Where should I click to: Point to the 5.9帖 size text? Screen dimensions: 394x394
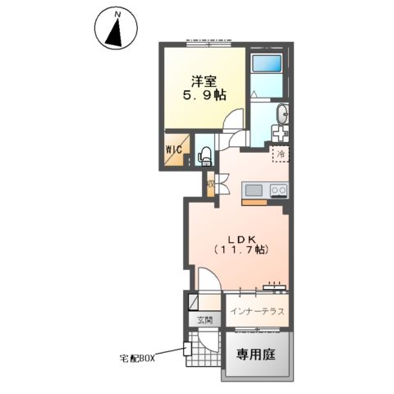[x=204, y=96]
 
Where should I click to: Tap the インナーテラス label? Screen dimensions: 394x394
[x=258, y=312]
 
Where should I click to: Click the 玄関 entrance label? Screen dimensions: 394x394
[x=204, y=320]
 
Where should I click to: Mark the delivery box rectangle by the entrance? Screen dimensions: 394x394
[x=188, y=349]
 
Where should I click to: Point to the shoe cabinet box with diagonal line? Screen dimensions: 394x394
[x=193, y=300]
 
